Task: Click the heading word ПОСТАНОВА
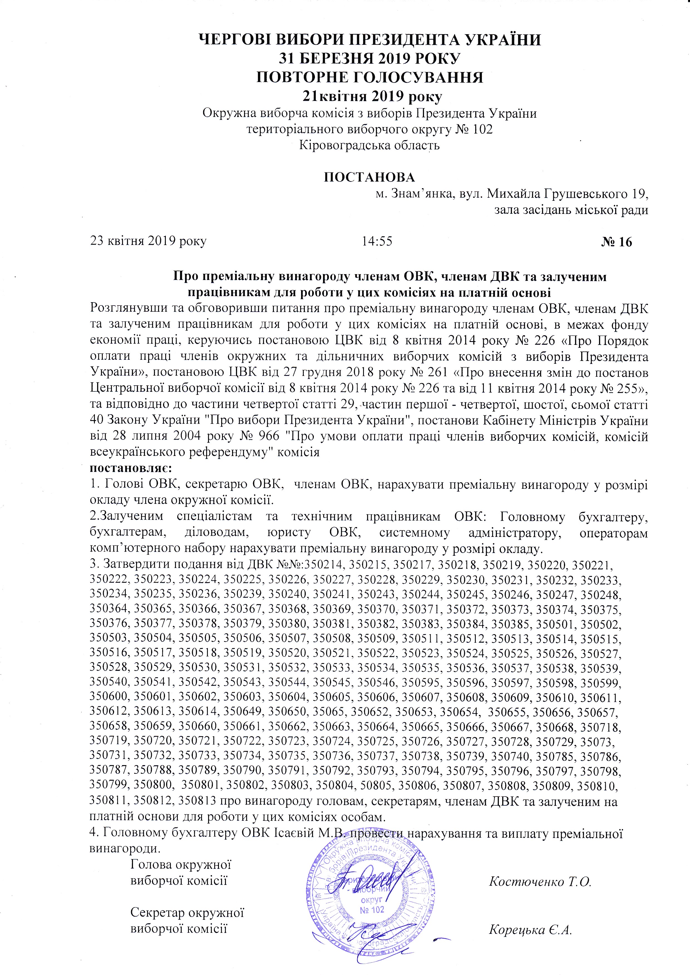point(369,177)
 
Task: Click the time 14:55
point(377,241)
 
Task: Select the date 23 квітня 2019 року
point(148,241)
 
